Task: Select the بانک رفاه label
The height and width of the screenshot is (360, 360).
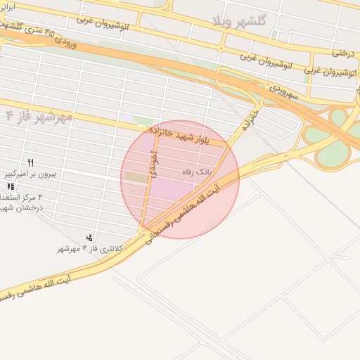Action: point(197,172)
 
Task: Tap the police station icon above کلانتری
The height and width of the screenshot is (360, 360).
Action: point(89,238)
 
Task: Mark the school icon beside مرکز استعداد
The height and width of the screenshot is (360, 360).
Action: point(11,187)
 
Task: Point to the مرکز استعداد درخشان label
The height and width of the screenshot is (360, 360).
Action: point(21,202)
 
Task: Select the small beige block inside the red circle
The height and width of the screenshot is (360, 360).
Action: point(139,179)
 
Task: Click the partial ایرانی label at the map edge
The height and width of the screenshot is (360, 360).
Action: point(6,6)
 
